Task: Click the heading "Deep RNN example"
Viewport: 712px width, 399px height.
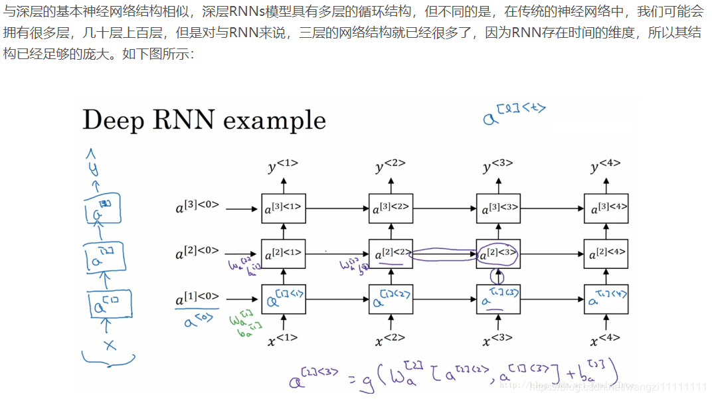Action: pos(204,120)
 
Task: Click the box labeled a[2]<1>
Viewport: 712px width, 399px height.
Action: pos(283,254)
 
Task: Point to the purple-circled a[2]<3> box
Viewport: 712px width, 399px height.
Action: pos(498,254)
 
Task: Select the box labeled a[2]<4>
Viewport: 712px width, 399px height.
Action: pos(606,254)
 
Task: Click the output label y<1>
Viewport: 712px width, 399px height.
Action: pos(282,166)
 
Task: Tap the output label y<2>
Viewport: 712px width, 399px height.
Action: pos(390,166)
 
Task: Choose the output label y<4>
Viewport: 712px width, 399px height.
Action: pos(605,166)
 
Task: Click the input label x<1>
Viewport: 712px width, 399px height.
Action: pos(282,340)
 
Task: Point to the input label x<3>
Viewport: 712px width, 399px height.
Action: pos(497,340)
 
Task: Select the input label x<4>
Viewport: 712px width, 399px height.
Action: pos(605,340)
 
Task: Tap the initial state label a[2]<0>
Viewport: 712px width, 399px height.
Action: pos(197,254)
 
